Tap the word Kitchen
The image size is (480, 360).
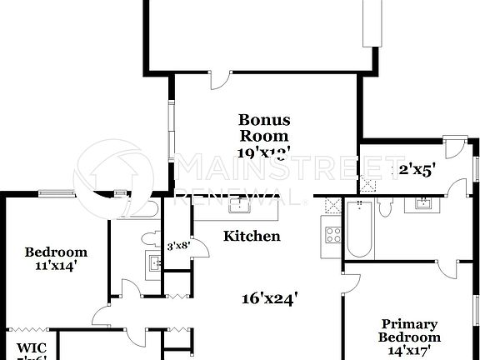click(252, 236)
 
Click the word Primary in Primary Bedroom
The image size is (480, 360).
click(404, 324)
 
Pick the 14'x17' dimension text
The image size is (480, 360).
click(404, 351)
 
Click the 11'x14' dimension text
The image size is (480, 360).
click(56, 267)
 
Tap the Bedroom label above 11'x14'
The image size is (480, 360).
click(56, 252)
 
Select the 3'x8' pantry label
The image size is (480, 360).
click(177, 246)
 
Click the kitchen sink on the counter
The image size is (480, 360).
click(240, 203)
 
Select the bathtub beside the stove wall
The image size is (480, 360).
click(358, 231)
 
